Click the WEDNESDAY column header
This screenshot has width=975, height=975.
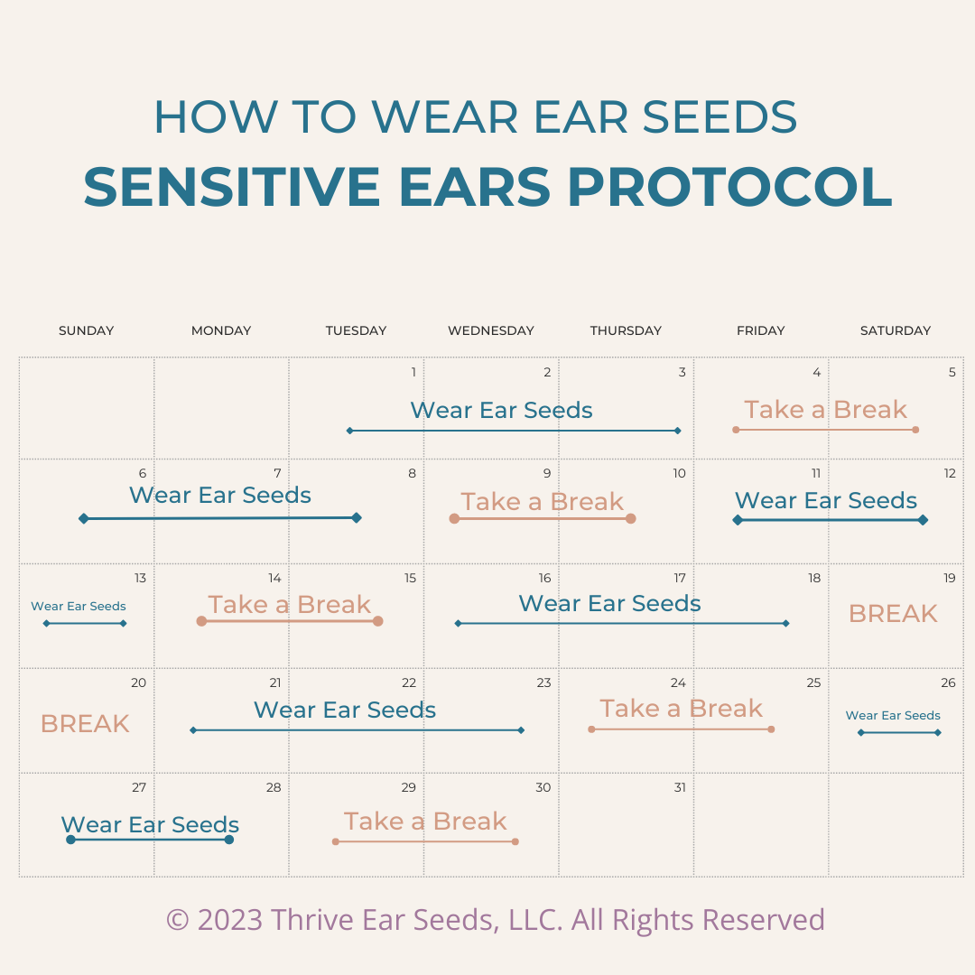tap(490, 330)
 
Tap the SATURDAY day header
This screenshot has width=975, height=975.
tap(896, 330)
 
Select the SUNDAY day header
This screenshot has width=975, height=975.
tap(87, 330)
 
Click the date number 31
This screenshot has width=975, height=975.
tap(680, 787)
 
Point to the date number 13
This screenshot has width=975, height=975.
tap(140, 578)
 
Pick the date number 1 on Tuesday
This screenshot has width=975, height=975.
tap(413, 372)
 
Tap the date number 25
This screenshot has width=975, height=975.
tap(813, 682)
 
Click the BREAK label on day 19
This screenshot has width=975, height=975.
tap(893, 614)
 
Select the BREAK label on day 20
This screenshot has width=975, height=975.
tap(85, 724)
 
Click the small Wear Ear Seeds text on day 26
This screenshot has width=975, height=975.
tap(893, 716)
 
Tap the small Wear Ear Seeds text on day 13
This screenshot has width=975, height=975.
tap(79, 607)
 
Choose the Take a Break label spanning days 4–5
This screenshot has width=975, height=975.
tap(826, 410)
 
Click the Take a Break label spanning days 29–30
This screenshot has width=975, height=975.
tap(425, 822)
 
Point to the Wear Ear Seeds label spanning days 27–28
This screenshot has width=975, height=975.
tap(150, 824)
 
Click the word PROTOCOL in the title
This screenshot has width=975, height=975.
tap(730, 187)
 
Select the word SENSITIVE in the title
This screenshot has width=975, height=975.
tap(231, 187)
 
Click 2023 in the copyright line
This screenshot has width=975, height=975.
tap(230, 920)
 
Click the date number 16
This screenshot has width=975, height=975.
tap(544, 578)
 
